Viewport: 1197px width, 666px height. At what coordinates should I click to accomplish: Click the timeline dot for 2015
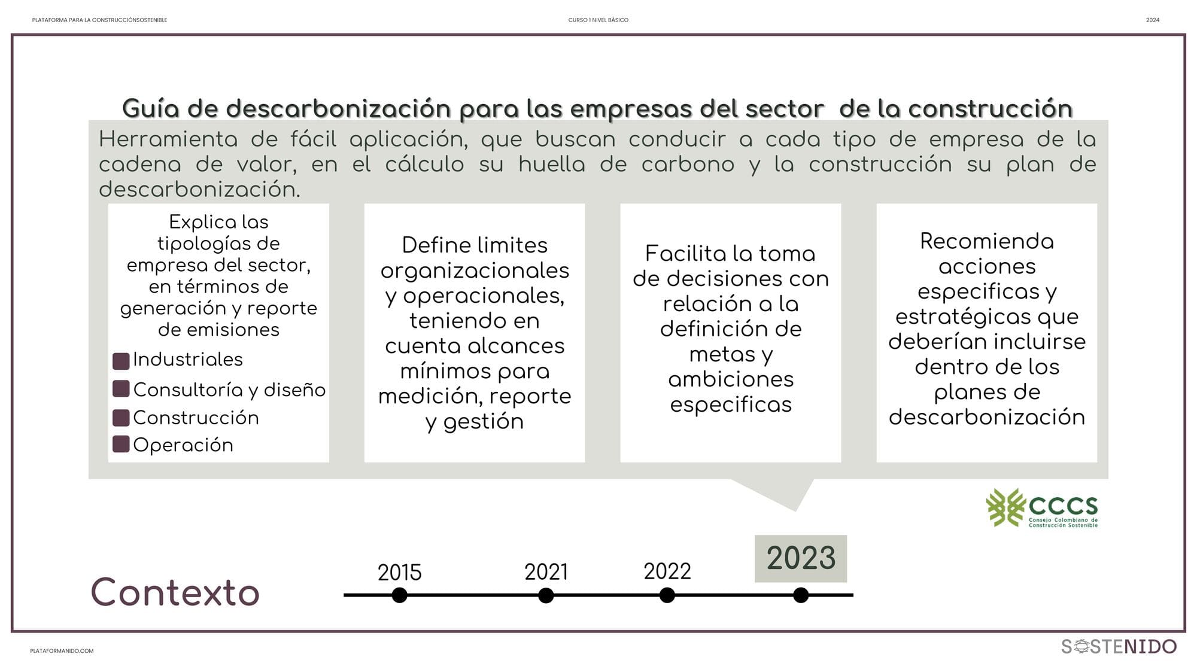coord(399,595)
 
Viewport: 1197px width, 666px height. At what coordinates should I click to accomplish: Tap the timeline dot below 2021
coord(546,595)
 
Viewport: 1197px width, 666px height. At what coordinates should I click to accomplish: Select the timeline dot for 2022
coord(667,595)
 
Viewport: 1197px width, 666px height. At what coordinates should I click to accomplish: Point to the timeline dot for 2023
coord(801,595)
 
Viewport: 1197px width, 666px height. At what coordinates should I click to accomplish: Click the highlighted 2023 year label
coord(801,558)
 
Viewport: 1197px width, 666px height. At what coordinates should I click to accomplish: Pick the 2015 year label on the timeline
coord(399,573)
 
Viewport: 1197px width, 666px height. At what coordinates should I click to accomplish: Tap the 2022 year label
coord(667,571)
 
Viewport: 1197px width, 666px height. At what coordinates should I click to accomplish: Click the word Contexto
coord(175,592)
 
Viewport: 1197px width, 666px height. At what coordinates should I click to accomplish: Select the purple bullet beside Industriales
coord(121,361)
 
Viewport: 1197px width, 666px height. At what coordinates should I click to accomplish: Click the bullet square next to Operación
coord(121,444)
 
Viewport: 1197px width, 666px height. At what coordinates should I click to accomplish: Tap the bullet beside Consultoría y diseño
coord(121,389)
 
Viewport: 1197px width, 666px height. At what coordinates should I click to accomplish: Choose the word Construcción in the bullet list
coord(196,417)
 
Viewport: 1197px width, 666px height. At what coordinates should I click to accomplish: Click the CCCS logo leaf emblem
coord(1005,507)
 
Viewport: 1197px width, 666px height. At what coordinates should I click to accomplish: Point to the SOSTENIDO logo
coord(1119,646)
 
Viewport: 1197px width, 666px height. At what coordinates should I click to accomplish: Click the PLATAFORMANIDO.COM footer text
coord(62,651)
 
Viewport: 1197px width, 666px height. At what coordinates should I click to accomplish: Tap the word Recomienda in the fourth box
coord(987,241)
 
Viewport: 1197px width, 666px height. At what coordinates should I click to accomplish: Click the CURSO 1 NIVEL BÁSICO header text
coord(598,20)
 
